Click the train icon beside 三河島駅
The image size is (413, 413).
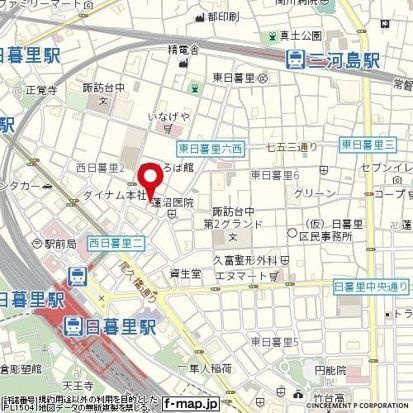click(294, 60)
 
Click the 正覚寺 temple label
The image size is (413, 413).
click(42, 89)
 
